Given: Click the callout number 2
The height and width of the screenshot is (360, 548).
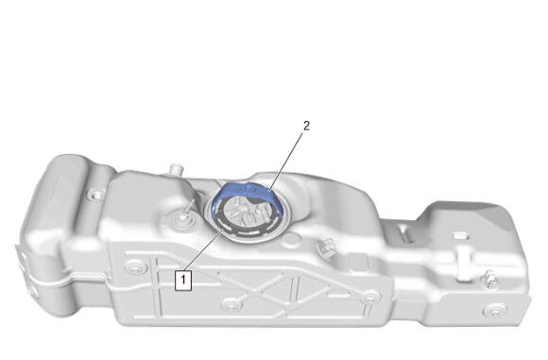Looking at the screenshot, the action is pyautogui.click(x=306, y=126).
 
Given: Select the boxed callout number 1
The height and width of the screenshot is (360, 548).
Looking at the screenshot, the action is pyautogui.click(x=183, y=280).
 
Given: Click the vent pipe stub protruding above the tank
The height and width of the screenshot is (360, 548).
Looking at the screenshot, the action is pyautogui.click(x=176, y=170).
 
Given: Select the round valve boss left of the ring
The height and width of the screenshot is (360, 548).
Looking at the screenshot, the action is pyautogui.click(x=182, y=219).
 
